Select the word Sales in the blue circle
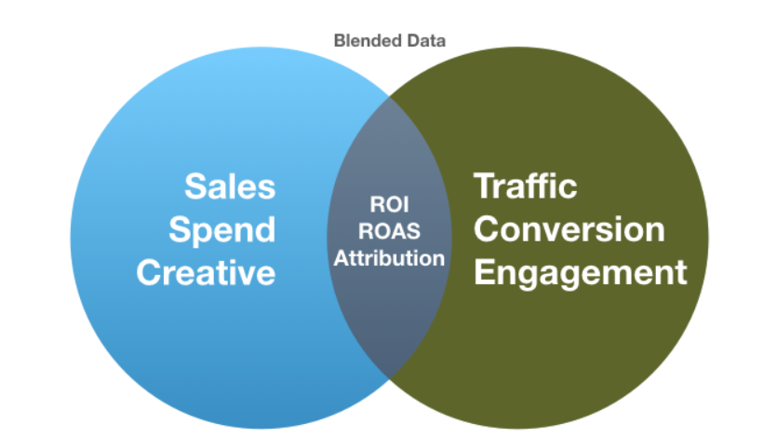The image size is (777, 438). click(x=230, y=186)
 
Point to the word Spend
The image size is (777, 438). click(x=222, y=231)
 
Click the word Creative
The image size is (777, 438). click(x=206, y=272)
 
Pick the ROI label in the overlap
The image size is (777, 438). click(x=390, y=204)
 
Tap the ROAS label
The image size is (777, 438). click(x=390, y=231)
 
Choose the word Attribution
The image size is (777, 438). click(x=390, y=258)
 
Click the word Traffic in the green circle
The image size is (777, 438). click(x=526, y=186)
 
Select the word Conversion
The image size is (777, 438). click(x=569, y=229)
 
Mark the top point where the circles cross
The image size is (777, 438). click(x=390, y=97)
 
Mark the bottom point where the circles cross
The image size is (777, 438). click(x=390, y=379)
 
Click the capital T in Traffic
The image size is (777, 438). click(x=485, y=186)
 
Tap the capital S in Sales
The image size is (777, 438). click(x=195, y=186)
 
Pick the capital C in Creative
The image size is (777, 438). click(x=150, y=272)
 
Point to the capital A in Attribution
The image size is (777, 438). click(x=342, y=258)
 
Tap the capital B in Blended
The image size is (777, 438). click(x=340, y=41)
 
